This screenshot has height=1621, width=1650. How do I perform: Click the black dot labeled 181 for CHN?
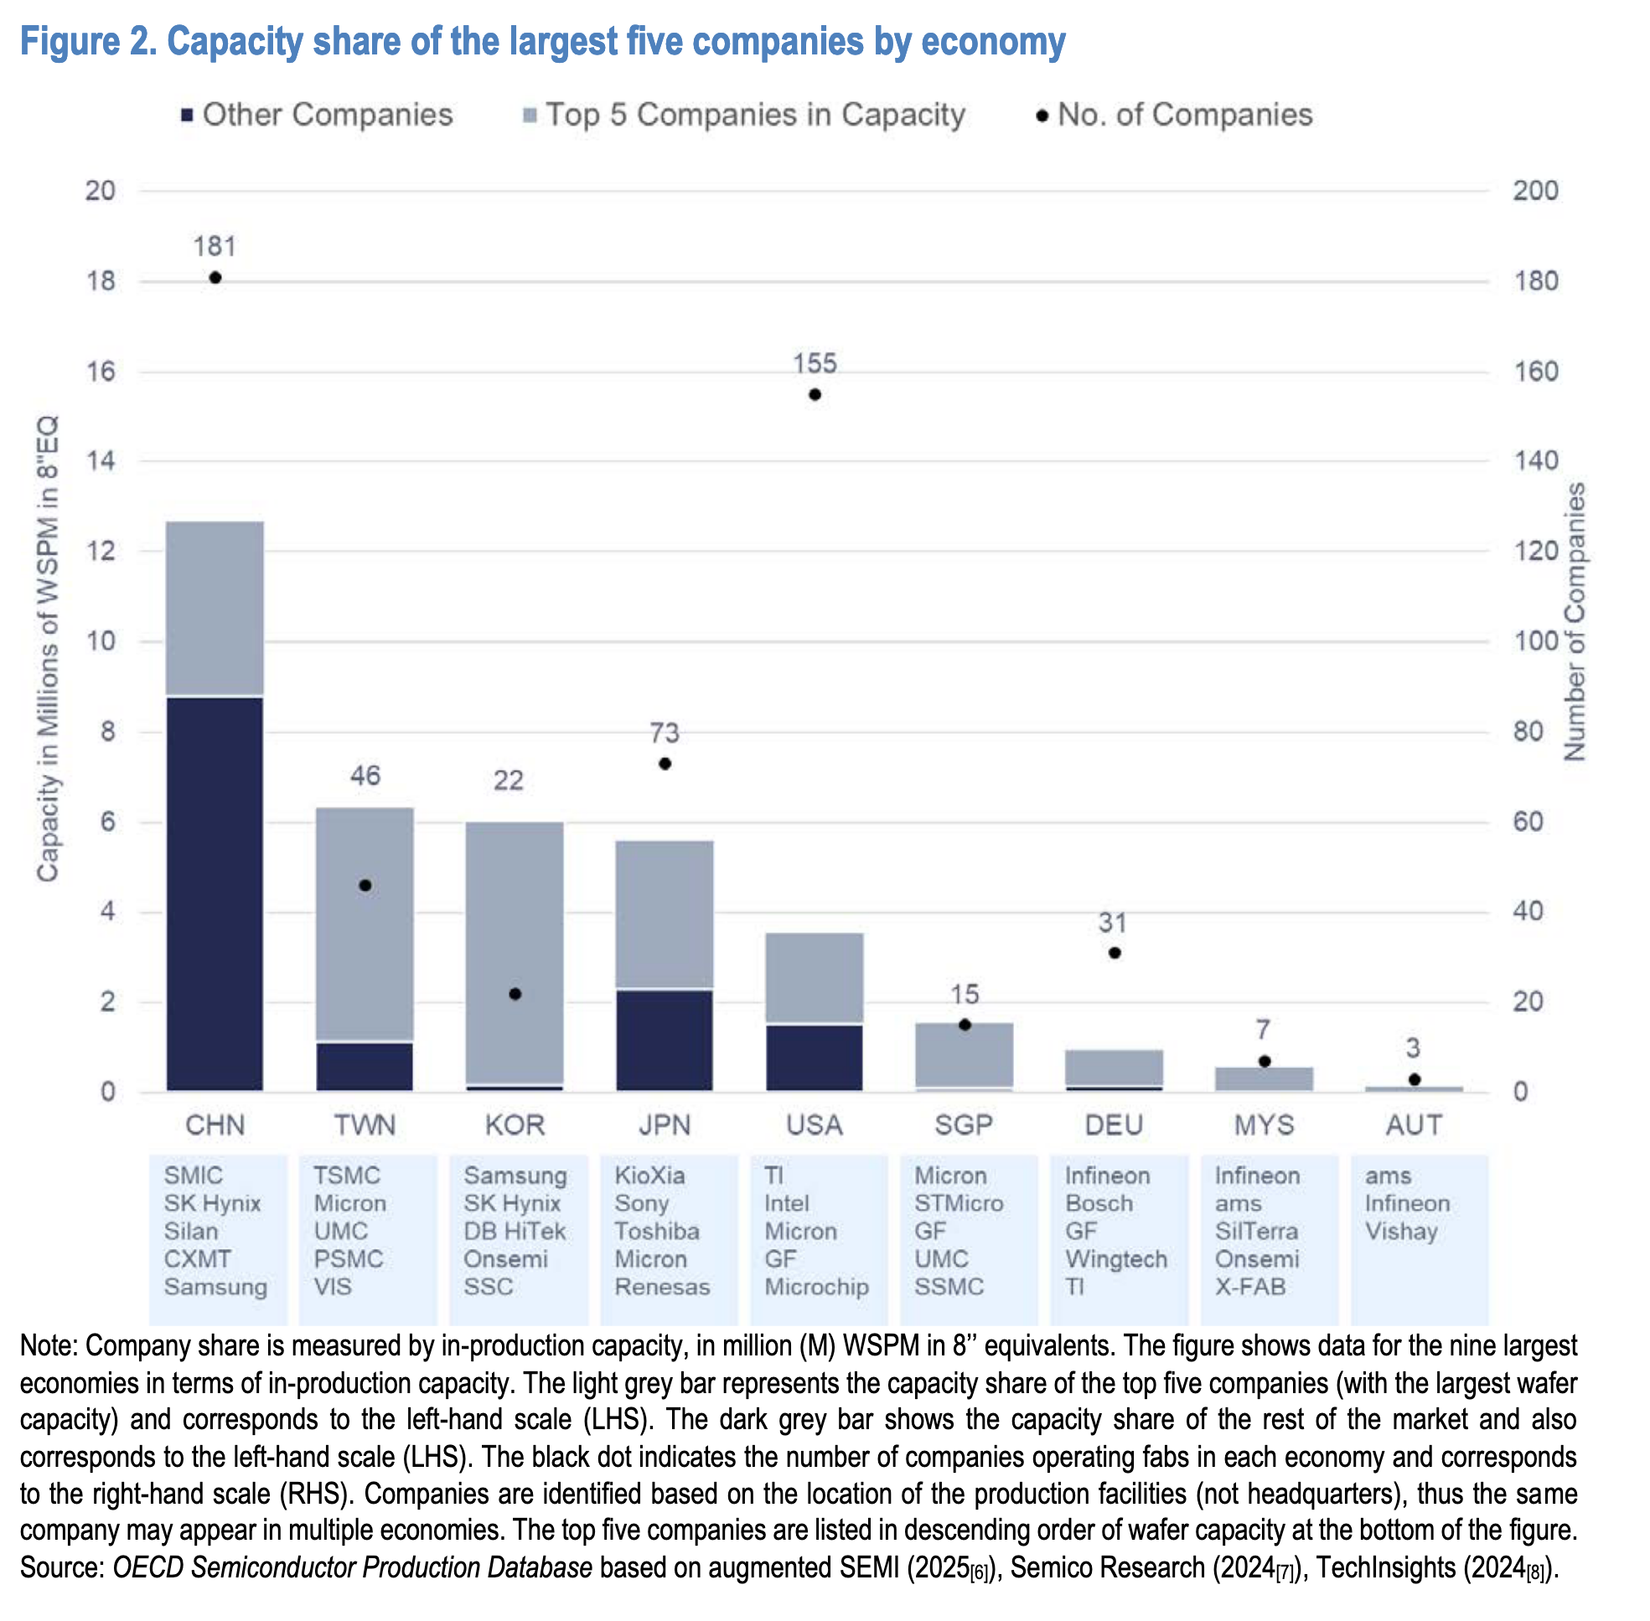click(215, 277)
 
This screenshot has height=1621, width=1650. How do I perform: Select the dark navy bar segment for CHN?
click(215, 894)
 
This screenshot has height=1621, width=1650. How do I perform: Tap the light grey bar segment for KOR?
click(515, 953)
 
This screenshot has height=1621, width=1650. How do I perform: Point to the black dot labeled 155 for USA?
click(815, 395)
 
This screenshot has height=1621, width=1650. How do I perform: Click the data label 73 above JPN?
click(665, 733)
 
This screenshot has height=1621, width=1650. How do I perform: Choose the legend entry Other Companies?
click(327, 115)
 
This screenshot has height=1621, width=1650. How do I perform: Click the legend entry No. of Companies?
click(1184, 115)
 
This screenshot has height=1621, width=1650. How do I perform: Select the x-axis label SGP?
click(964, 1125)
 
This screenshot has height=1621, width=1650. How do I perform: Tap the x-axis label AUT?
click(1413, 1125)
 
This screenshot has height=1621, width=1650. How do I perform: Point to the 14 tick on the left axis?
click(101, 462)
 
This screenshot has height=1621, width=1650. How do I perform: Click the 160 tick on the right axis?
click(1535, 371)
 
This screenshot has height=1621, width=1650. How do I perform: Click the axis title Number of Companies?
click(1575, 622)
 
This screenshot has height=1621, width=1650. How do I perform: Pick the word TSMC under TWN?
click(346, 1175)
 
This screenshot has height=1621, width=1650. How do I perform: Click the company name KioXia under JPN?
click(650, 1175)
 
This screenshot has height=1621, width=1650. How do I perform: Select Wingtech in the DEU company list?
click(1116, 1259)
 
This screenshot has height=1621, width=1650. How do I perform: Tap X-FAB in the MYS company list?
click(1249, 1287)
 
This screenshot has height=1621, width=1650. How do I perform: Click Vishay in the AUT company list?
click(1400, 1231)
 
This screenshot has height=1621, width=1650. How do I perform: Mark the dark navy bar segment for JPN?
click(665, 1040)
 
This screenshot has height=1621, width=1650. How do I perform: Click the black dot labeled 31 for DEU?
click(1115, 952)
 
